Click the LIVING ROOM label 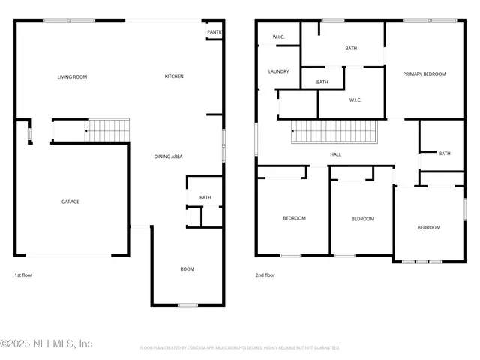click(72, 76)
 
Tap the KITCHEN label click(174, 76)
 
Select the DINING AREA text click(168, 157)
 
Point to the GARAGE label click(70, 202)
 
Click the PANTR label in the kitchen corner click(214, 32)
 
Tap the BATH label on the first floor click(205, 198)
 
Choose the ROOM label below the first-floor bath click(187, 268)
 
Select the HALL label click(335, 155)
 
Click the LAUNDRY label click(278, 71)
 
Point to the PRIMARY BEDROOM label click(424, 74)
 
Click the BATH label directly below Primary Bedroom click(444, 154)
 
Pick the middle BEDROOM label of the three click(362, 219)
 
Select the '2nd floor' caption click(265, 275)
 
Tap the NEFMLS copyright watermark click(46, 343)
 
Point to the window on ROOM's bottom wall click(187, 304)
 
